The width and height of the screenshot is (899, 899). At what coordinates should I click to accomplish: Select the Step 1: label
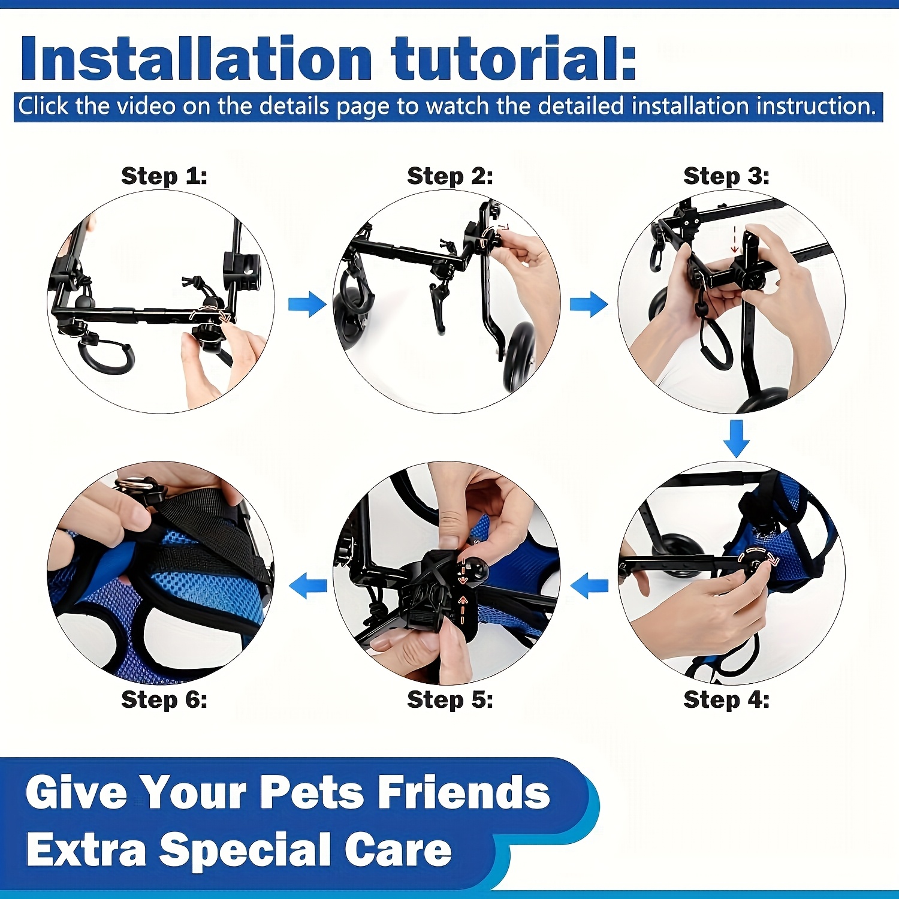click(164, 176)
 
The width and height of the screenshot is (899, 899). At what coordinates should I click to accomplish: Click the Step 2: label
click(450, 176)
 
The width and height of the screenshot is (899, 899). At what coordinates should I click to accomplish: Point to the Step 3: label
click(726, 176)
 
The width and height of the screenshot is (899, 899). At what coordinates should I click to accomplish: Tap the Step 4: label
click(726, 699)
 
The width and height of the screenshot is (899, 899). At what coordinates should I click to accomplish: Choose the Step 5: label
click(450, 699)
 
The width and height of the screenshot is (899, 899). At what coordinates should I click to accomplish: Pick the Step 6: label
click(164, 699)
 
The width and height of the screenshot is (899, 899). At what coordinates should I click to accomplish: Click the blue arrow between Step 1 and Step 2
click(307, 304)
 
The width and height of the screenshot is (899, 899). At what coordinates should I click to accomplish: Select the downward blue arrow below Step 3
click(737, 438)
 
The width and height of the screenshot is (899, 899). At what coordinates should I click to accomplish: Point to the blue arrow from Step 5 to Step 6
click(307, 585)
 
